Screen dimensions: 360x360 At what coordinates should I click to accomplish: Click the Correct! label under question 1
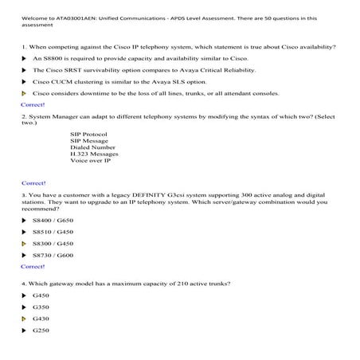pos(33,104)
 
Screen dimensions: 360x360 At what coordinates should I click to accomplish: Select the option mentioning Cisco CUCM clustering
pos(108,82)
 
